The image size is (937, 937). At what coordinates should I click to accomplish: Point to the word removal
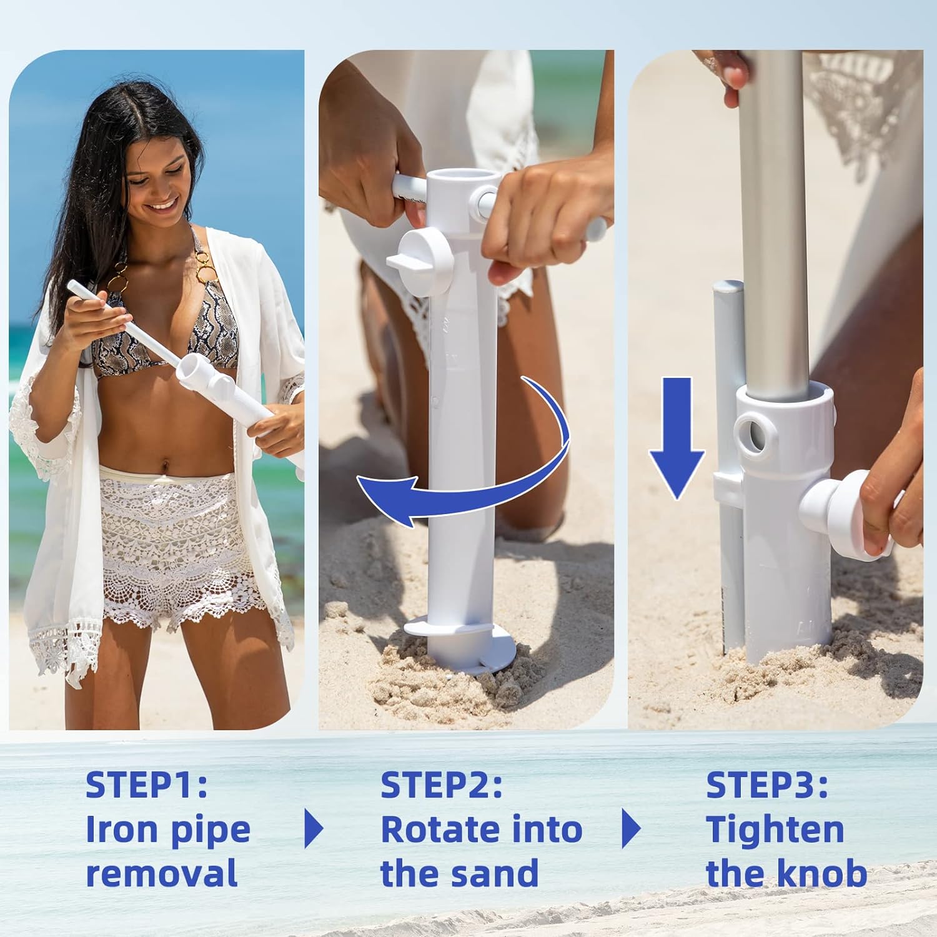[162, 873]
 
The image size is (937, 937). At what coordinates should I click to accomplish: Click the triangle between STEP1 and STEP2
[314, 829]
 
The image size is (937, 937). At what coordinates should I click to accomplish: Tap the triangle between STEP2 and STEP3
[632, 829]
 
